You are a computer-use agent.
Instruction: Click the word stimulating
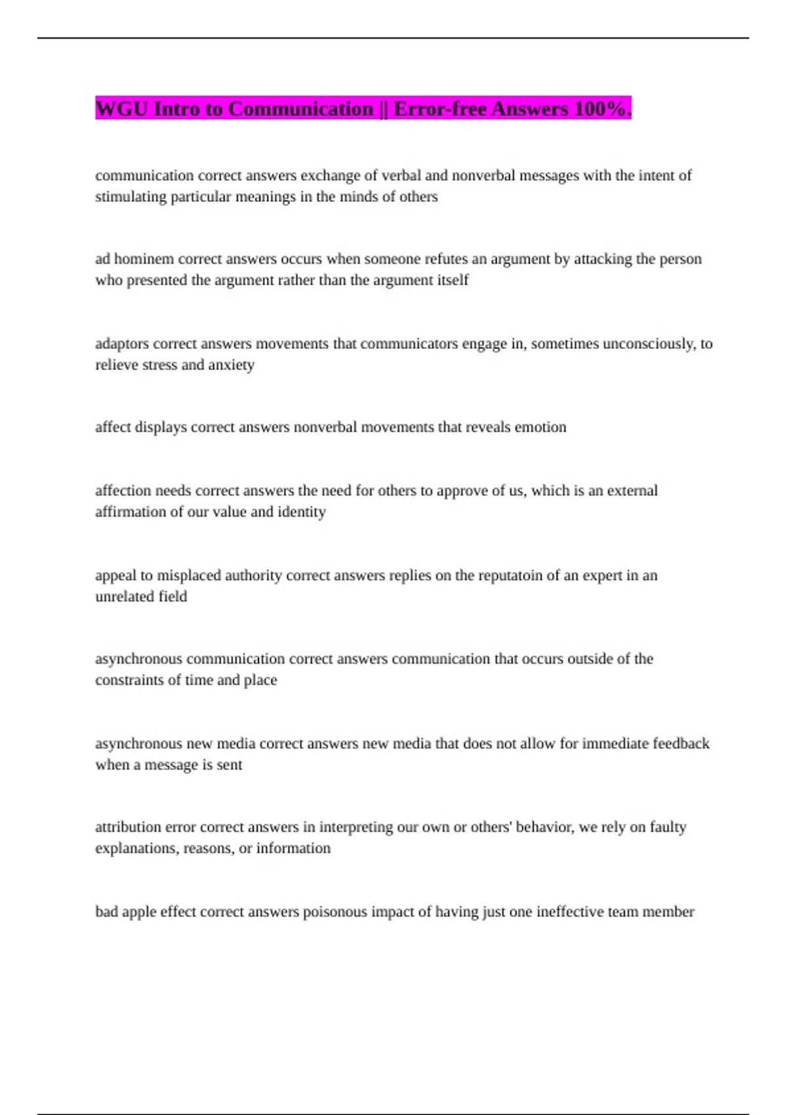click(131, 197)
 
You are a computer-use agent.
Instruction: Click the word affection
click(123, 491)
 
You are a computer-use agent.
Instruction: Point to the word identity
click(302, 512)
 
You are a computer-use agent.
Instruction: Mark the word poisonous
click(334, 912)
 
